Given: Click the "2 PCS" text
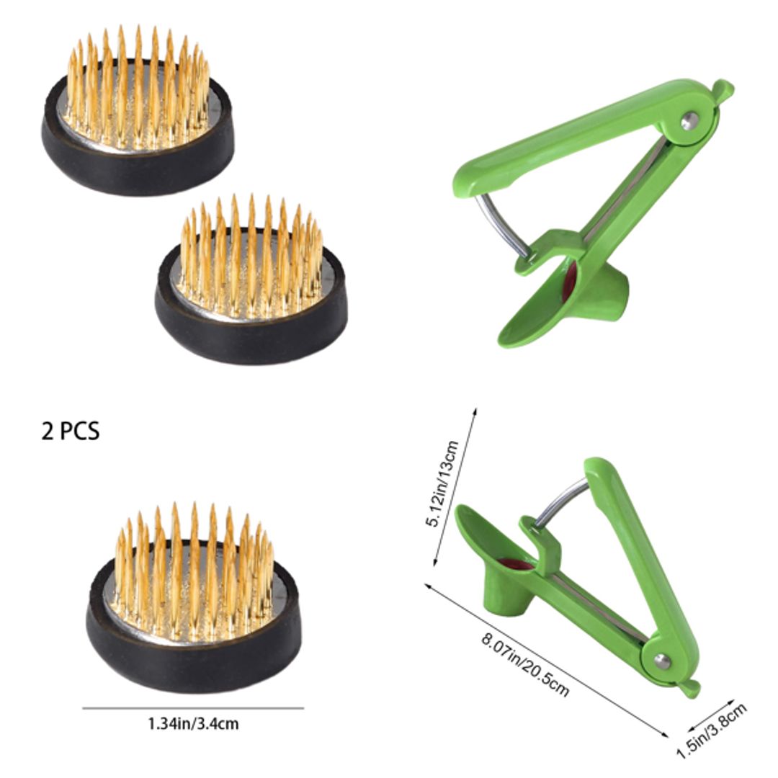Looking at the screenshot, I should click(70, 431).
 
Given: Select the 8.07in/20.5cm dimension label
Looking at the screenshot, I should click(525, 664).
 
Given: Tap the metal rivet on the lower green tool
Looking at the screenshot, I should click(661, 660).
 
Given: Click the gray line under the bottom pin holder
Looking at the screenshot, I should click(192, 708).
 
